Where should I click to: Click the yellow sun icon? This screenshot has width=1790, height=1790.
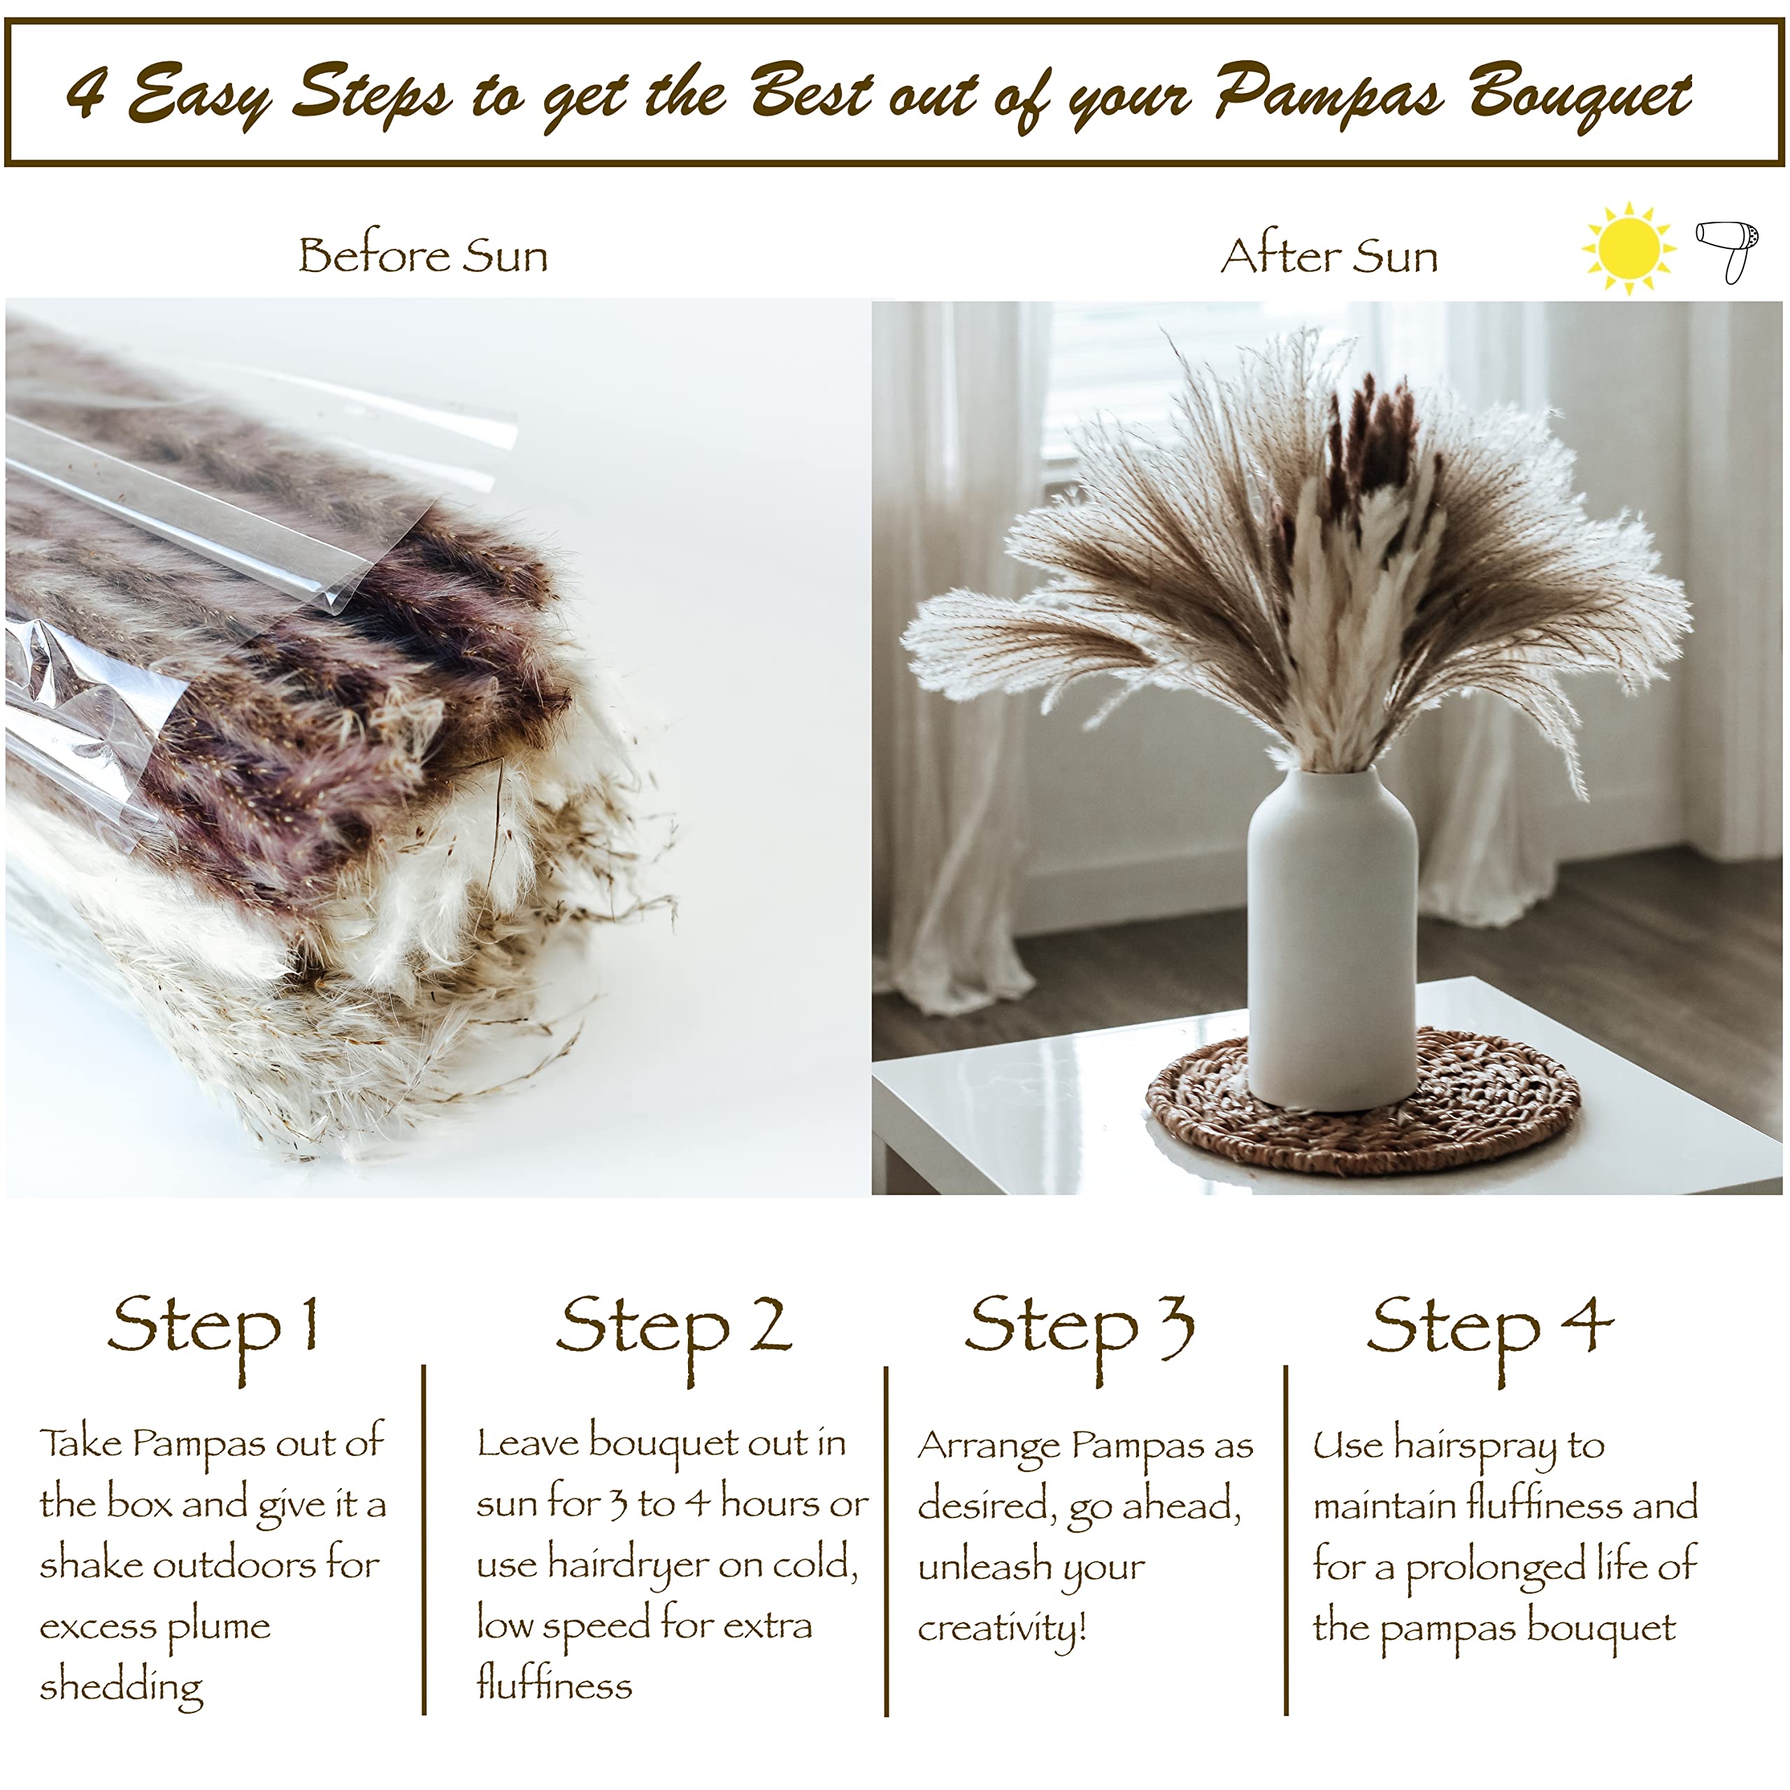pos(1628,248)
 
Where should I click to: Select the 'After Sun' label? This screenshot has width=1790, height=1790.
pos(1329,256)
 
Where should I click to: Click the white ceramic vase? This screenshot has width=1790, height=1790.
pos(1332,936)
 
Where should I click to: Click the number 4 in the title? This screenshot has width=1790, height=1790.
pos(87,93)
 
